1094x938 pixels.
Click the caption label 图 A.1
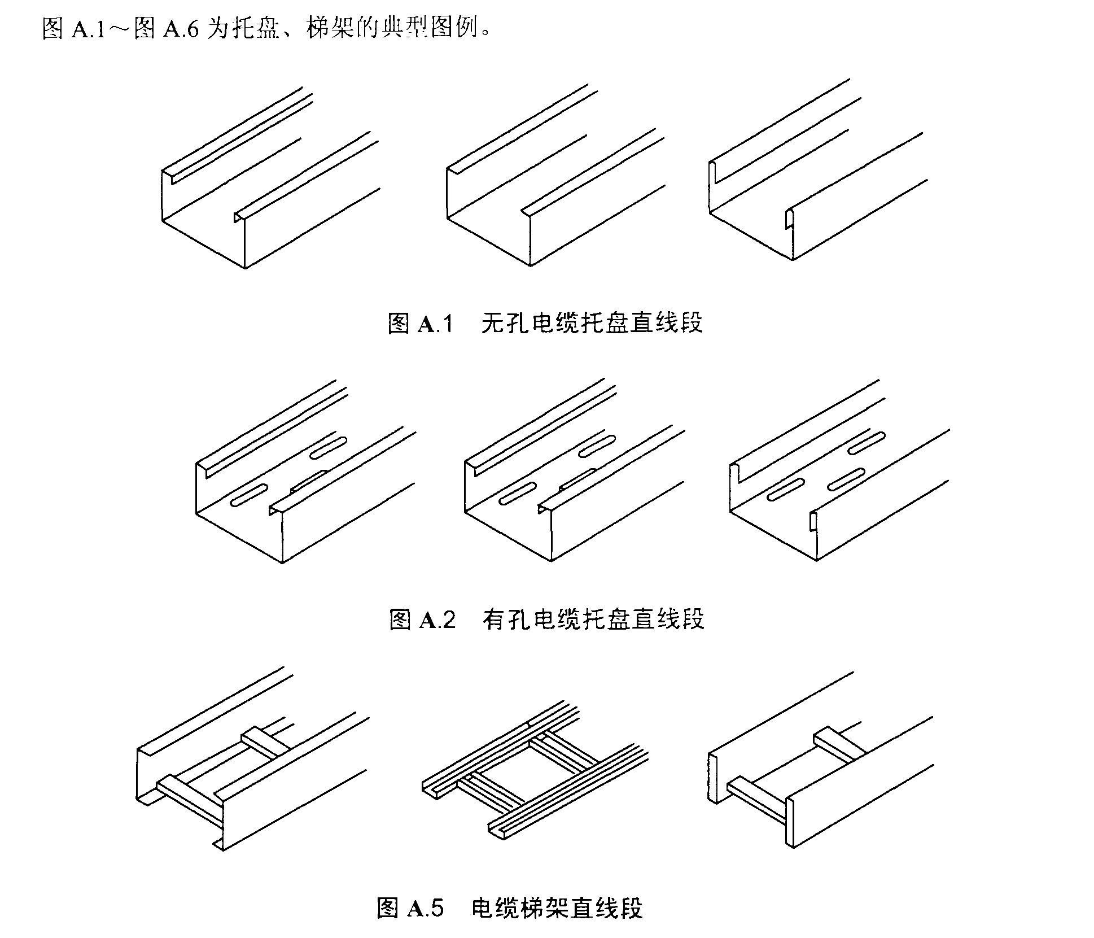(421, 324)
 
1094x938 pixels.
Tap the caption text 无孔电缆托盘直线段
(592, 324)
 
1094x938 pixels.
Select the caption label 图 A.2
(422, 619)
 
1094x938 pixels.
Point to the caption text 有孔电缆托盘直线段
(593, 619)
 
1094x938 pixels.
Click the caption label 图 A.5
(410, 908)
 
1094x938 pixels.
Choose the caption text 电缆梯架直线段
(557, 908)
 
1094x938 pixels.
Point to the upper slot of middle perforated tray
(597, 447)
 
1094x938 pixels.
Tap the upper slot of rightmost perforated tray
(867, 443)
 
